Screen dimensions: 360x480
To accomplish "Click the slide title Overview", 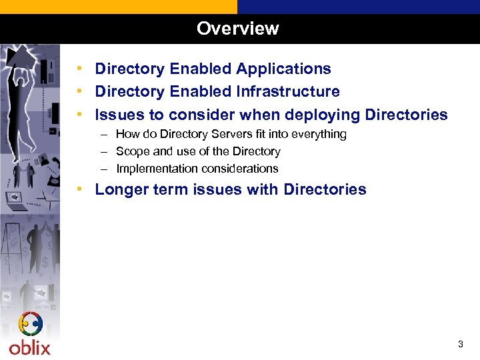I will pos(238,29).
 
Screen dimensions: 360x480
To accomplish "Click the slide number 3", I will pos(460,345).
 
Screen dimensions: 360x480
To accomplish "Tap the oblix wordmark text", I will pos(29,347).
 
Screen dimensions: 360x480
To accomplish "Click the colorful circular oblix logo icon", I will pos(31,325).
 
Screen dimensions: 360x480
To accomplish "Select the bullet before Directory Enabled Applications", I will pos(79,69).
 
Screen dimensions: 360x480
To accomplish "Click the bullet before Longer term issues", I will pos(79,189).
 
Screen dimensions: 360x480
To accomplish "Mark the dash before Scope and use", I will pos(105,151).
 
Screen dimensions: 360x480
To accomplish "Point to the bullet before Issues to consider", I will pos(79,115).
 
